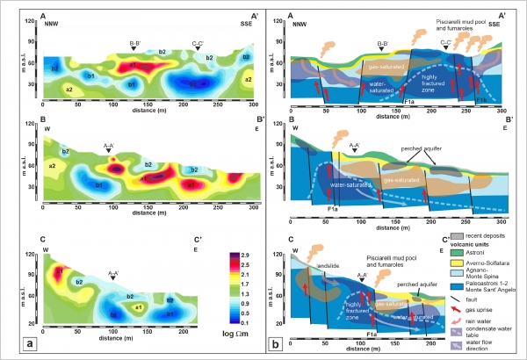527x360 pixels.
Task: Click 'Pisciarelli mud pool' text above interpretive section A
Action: coord(440,18)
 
